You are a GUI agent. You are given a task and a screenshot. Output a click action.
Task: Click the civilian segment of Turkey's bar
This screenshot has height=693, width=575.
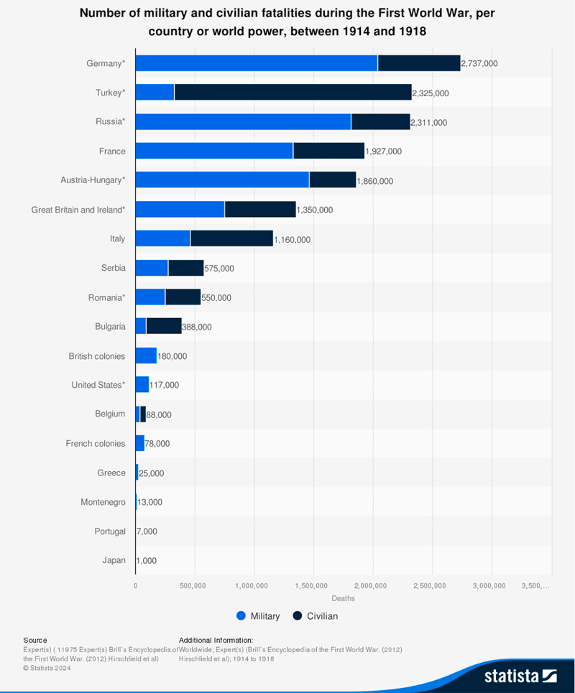293,93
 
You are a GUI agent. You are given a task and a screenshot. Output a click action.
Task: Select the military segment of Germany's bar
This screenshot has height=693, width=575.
257,63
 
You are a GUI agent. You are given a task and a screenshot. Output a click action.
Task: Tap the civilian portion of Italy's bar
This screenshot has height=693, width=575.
231,238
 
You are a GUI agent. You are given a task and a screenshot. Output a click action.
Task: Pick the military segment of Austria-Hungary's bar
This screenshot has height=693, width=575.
222,180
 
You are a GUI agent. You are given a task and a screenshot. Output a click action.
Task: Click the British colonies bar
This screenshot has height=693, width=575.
146,355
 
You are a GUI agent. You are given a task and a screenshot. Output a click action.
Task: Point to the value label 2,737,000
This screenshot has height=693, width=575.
479,64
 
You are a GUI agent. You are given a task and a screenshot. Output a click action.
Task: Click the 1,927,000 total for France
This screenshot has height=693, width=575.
384,152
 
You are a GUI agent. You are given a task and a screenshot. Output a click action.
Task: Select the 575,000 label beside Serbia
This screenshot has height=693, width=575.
219,269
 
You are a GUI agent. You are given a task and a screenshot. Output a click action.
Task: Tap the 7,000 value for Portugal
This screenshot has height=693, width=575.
147,531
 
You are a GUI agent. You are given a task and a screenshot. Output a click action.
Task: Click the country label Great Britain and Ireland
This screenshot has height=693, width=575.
78,210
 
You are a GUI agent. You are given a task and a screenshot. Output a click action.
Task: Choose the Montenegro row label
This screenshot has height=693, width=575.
103,502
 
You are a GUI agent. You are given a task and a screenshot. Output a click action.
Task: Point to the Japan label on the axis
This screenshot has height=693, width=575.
114,560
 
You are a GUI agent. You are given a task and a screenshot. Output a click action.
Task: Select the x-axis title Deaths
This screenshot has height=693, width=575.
343,598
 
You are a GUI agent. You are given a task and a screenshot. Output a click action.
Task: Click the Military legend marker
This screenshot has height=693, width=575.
241,616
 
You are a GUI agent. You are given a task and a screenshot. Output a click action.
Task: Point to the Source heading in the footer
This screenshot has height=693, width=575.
35,640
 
